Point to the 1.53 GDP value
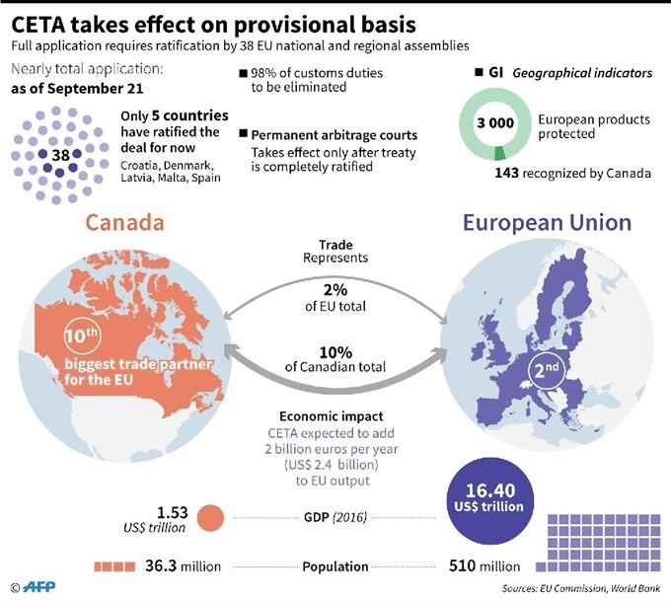[173, 511]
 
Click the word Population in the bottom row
[336, 566]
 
